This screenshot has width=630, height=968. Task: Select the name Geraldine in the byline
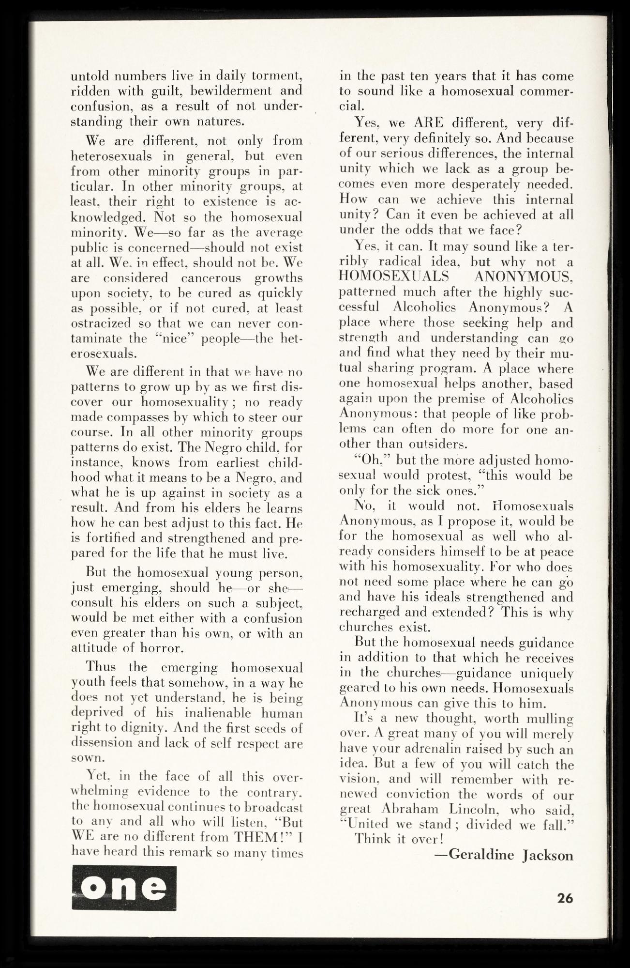[481, 855]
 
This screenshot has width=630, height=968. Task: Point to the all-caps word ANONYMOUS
[523, 277]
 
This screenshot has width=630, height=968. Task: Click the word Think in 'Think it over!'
[373, 838]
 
